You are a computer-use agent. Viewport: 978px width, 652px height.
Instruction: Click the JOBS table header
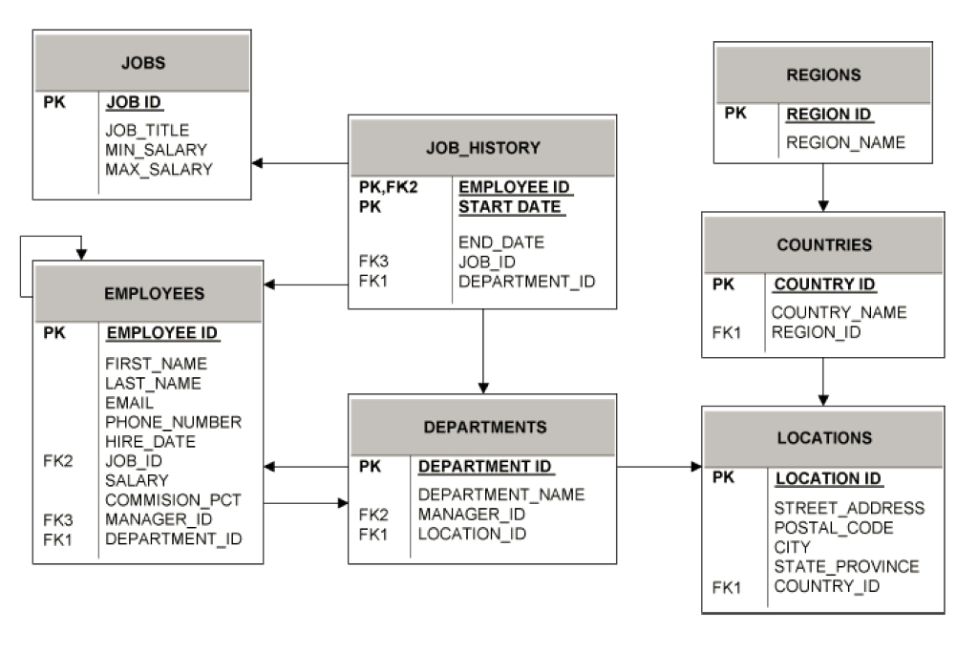pos(143,64)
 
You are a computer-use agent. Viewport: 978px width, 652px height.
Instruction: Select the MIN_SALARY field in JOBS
pos(156,150)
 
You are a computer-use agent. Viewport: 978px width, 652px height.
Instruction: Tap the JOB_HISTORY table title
pos(482,148)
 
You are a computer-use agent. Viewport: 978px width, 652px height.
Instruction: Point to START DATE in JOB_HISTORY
pos(509,207)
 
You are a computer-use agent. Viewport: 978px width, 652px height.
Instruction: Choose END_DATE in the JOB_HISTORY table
pos(501,242)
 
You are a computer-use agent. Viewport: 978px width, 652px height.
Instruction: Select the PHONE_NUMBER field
pos(173,422)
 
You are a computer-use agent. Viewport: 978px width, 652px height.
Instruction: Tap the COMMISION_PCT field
pos(173,499)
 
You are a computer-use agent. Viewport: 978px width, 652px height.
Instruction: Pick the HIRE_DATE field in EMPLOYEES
pos(150,442)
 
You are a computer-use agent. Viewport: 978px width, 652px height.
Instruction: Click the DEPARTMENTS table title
pos(485,427)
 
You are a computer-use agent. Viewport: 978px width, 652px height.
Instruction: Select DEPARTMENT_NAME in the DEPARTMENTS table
pos(501,494)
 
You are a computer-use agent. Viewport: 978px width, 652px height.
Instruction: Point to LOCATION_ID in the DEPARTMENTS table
pos(472,534)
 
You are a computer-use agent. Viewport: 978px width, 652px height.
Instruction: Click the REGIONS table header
pos(823,74)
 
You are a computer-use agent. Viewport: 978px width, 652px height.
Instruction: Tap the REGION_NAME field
pos(845,143)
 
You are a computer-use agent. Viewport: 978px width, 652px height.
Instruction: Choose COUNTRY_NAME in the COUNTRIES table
pos(839,313)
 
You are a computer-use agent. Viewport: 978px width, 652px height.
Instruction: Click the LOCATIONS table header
pos(824,438)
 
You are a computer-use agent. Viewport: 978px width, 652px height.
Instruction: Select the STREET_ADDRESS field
pos(849,508)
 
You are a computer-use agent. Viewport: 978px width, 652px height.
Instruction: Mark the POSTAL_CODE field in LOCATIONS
pos(834,528)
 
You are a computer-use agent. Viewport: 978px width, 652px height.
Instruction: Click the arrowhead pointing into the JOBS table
pos(258,163)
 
